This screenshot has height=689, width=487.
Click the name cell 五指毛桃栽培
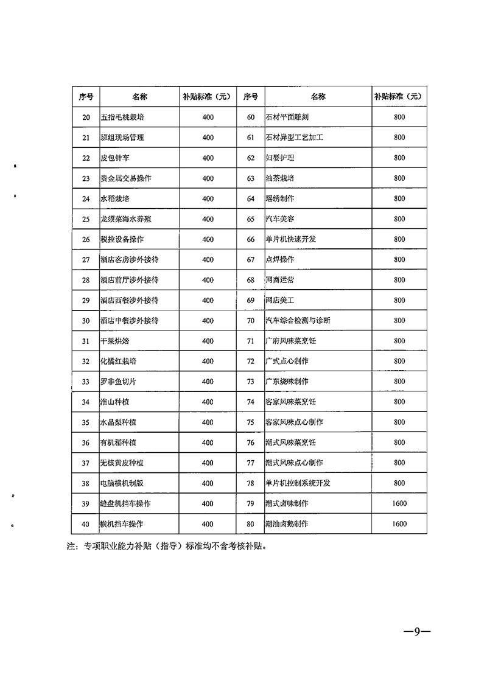coord(122,117)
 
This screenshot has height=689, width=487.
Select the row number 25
coord(85,219)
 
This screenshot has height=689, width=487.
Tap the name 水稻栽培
coord(115,198)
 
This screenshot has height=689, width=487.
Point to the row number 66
coord(250,239)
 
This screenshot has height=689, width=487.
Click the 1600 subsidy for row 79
coord(399,503)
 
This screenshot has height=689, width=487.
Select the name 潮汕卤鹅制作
coord(287,523)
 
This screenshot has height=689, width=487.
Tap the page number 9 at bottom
coord(417,631)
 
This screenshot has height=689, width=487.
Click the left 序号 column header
coord(86,96)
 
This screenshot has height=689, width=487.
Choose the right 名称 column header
coord(318,96)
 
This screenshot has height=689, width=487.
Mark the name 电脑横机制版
coord(122,483)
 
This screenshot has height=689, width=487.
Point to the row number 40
coord(85,523)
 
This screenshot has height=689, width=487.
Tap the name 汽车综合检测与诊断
coord(298,320)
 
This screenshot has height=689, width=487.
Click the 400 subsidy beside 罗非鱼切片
coord(208,382)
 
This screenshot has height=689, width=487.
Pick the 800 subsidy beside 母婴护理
coord(399,158)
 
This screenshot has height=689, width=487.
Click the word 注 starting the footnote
coord(70,547)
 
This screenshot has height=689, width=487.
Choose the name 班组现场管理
coord(122,138)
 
